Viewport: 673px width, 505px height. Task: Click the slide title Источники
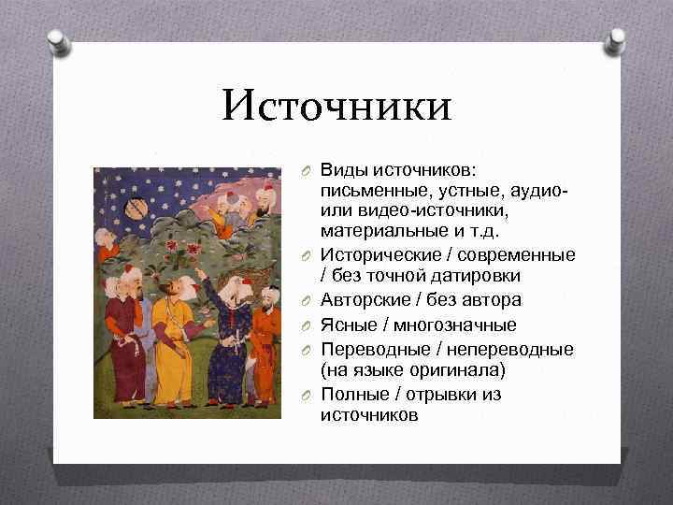pos(336,105)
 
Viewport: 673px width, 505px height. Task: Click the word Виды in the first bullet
pos(342,170)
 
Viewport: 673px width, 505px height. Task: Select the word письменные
pos(370,191)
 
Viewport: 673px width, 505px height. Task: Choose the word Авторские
pos(365,299)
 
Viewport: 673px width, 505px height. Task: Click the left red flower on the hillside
pos(171,247)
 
